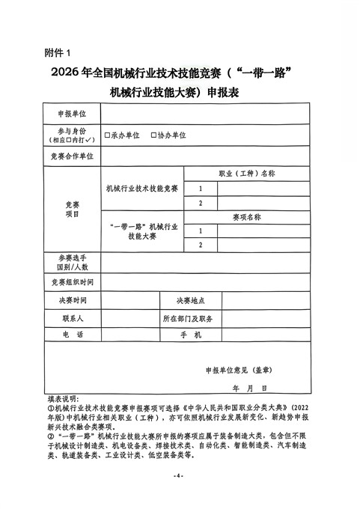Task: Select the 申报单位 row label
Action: (x=72, y=114)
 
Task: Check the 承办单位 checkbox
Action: (x=108, y=135)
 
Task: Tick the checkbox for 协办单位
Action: (x=153, y=135)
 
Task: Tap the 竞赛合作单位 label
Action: (x=72, y=156)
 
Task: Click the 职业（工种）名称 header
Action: (x=247, y=173)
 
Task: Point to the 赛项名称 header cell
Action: (x=247, y=217)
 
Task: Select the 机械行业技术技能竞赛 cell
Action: (x=142, y=188)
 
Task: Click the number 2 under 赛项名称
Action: (x=201, y=245)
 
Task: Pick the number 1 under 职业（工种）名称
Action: (x=201, y=188)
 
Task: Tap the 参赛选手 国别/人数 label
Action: (x=72, y=262)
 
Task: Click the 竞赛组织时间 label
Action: (x=72, y=282)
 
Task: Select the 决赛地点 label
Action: (x=190, y=301)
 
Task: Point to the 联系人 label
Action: (x=72, y=318)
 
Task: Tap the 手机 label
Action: (x=192, y=335)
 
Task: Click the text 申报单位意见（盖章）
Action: (x=238, y=370)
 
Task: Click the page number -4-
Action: (x=179, y=476)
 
